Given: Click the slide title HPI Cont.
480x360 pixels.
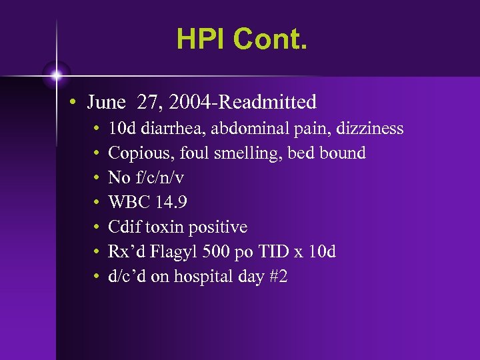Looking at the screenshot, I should click(x=242, y=39).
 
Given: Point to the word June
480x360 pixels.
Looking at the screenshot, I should click(x=106, y=102).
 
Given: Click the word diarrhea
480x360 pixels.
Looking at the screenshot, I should click(x=166, y=128).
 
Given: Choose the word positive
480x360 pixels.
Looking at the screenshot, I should click(x=219, y=227).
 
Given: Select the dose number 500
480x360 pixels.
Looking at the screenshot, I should click(x=212, y=252).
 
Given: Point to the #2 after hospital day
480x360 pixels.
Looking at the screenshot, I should click(x=279, y=276).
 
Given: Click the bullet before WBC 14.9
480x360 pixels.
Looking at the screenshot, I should click(x=97, y=203).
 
